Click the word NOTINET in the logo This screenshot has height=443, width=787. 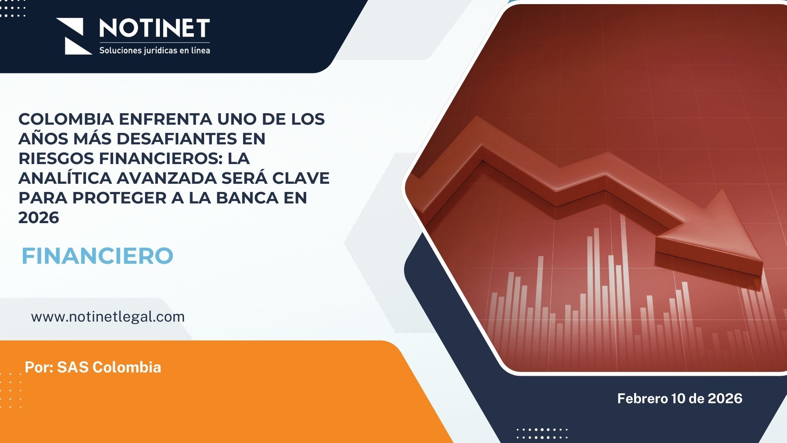pyautogui.click(x=155, y=28)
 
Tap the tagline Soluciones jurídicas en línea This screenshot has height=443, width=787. pyautogui.click(x=155, y=50)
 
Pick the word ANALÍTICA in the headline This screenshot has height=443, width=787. pyautogui.click(x=65, y=178)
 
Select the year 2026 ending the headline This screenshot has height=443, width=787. pyautogui.click(x=39, y=217)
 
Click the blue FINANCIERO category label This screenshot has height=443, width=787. pyautogui.click(x=98, y=256)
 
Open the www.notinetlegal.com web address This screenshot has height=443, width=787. pyautogui.click(x=108, y=317)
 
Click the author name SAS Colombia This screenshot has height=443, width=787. pyautogui.click(x=109, y=367)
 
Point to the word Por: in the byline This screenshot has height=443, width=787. pyautogui.click(x=39, y=367)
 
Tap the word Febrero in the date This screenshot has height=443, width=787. pyautogui.click(x=642, y=398)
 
